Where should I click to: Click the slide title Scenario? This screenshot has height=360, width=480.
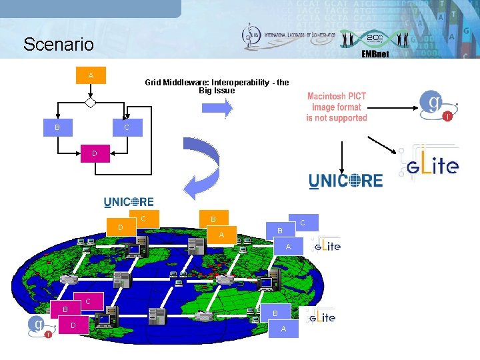coord(59,45)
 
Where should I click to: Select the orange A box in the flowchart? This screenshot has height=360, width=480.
coord(91,75)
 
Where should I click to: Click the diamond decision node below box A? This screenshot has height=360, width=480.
coord(91,103)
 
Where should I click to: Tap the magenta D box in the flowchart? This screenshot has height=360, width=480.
coord(94,154)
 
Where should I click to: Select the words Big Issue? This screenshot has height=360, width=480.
coord(217,90)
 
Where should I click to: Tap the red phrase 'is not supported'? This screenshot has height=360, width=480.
coord(337,118)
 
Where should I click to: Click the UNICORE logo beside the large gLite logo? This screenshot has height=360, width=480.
coord(345,180)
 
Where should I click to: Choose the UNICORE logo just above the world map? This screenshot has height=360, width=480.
coord(129,201)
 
